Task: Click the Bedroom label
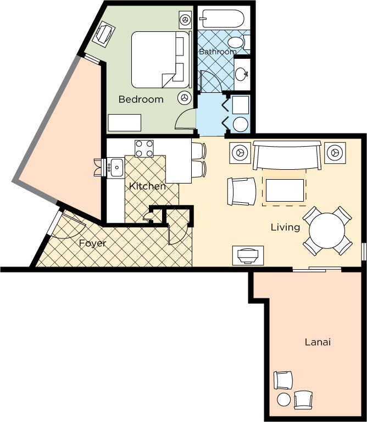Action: click(x=141, y=99)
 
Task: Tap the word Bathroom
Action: click(x=218, y=52)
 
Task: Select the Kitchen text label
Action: click(x=147, y=186)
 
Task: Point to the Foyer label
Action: click(x=92, y=243)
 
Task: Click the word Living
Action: click(x=285, y=227)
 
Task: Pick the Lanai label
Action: click(x=318, y=342)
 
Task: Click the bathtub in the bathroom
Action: click(x=223, y=19)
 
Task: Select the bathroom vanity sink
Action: click(x=242, y=73)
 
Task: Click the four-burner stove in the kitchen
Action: click(x=144, y=148)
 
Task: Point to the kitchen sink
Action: click(x=116, y=168)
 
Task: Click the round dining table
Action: click(x=327, y=231)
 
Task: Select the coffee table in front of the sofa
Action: click(x=285, y=190)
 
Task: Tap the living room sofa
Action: click(x=287, y=155)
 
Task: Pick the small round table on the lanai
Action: click(x=284, y=399)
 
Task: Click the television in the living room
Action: click(x=248, y=256)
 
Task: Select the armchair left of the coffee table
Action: click(x=242, y=191)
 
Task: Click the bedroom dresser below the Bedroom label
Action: click(x=125, y=123)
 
